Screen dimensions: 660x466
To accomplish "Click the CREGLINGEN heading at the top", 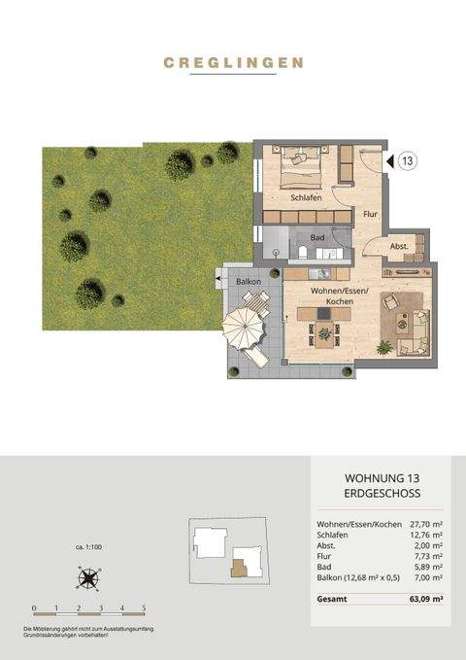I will [x=233, y=62].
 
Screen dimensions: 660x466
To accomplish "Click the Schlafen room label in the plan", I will [x=292, y=196].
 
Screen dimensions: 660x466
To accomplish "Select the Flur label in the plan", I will [x=369, y=213].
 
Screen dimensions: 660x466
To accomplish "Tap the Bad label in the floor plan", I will [x=316, y=236].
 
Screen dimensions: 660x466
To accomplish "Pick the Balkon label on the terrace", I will [x=247, y=282].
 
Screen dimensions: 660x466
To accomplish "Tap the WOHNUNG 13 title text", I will [x=381, y=479].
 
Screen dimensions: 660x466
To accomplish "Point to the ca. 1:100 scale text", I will [x=89, y=547].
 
